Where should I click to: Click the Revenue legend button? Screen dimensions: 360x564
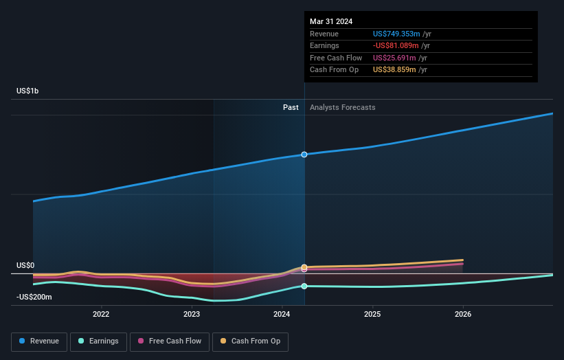pos(39,341)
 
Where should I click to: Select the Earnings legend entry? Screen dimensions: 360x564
pos(98,341)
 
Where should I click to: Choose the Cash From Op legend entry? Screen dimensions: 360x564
pos(251,341)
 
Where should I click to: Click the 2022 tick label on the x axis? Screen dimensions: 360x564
pos(101,315)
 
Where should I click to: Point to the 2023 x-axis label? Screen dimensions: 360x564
pos(192,315)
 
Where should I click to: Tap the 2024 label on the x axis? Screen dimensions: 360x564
pos(282,315)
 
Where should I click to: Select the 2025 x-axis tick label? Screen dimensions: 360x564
pos(372,315)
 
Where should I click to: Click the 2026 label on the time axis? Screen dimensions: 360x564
pos(463,315)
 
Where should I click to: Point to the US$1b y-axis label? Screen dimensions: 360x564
pos(27,91)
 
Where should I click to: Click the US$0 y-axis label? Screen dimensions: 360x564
pos(25,265)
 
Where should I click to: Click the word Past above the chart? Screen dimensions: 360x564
pos(291,107)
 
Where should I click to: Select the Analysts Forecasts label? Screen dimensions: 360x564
pos(343,107)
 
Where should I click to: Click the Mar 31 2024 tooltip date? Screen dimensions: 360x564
pos(331,21)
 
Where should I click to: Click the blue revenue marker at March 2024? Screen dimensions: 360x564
pos(304,155)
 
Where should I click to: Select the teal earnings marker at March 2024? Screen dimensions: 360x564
pos(304,286)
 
